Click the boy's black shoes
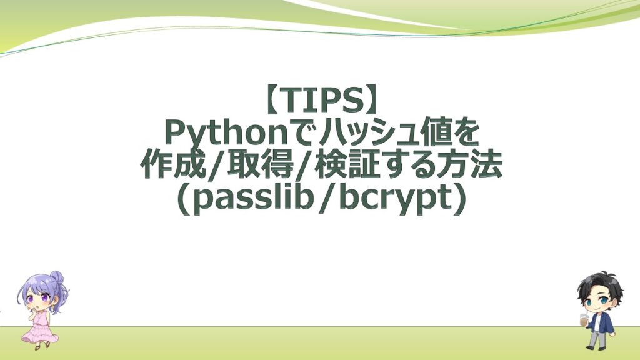click(x=594, y=347)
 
